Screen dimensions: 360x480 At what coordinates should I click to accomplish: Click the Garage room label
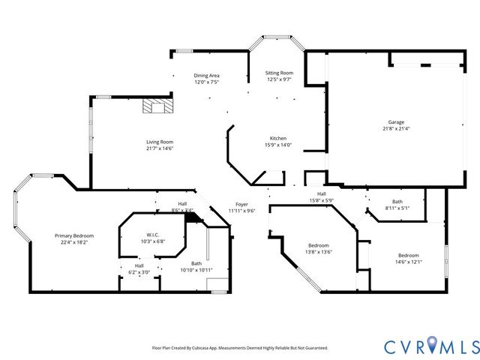(396, 121)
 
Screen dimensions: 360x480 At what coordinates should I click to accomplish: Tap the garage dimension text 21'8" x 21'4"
(396, 128)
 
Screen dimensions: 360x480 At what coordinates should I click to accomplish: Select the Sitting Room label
(278, 73)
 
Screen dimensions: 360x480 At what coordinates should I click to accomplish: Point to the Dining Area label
(206, 76)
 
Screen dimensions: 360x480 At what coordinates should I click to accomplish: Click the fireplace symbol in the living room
(157, 106)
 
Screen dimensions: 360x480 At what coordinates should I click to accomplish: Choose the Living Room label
(159, 142)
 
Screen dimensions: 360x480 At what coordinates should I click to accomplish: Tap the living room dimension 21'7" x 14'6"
(159, 148)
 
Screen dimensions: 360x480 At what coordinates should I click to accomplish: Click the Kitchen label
(278, 139)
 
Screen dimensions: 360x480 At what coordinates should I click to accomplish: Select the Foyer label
(241, 204)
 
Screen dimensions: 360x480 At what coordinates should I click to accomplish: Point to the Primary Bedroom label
(73, 235)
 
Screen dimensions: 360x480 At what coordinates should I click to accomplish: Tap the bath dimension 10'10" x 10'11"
(196, 269)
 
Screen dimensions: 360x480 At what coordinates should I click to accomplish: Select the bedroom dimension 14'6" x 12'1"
(408, 262)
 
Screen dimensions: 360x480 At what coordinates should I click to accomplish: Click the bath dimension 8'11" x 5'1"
(397, 208)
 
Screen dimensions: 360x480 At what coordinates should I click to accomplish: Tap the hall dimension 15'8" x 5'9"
(321, 200)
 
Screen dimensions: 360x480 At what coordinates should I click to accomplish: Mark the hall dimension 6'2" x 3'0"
(139, 272)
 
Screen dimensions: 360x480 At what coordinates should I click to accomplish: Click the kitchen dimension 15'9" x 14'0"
(278, 145)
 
